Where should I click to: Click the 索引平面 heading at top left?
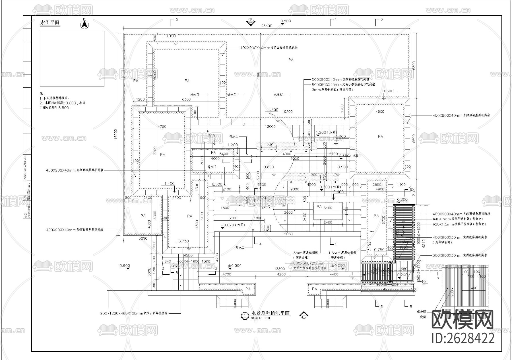coord(50,23)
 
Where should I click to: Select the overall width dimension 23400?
coord(267,26)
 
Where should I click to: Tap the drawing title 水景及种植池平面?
coord(270,313)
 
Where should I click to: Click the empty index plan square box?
coord(72,59)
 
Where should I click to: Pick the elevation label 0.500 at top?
coord(286,21)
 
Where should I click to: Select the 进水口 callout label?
coord(232,94)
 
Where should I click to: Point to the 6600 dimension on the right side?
coord(414,139)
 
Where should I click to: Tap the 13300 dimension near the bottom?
coord(279,269)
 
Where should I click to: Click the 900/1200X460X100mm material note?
coord(134,313)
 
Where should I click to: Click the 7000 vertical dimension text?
coord(258,76)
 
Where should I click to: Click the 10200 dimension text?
coord(287,112)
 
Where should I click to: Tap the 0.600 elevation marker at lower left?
coord(125,266)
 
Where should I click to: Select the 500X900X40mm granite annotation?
coord(340,79)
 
